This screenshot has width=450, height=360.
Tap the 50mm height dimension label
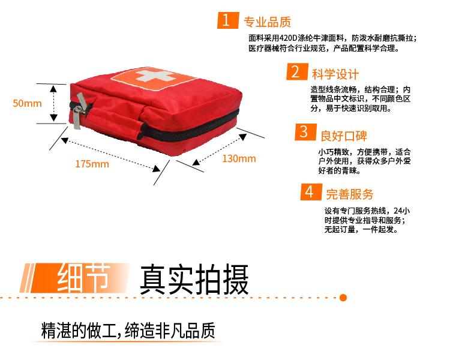tap(28, 103)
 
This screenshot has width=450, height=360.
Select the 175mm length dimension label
tap(92, 164)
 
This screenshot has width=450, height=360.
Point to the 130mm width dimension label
tap(239, 158)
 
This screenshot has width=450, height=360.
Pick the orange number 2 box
tap(295, 73)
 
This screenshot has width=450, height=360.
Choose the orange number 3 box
tap(304, 132)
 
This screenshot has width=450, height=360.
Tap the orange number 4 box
tap(309, 192)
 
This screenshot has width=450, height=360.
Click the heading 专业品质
tap(267, 23)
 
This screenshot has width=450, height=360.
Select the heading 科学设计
tap(335, 74)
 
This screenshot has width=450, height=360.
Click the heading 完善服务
tap(349, 194)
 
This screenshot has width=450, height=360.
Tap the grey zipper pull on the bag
tap(78, 113)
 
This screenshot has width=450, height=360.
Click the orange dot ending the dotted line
tap(343, 297)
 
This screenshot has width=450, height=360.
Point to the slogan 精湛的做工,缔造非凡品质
tap(128, 331)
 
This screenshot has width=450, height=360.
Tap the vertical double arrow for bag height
tap(55, 104)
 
